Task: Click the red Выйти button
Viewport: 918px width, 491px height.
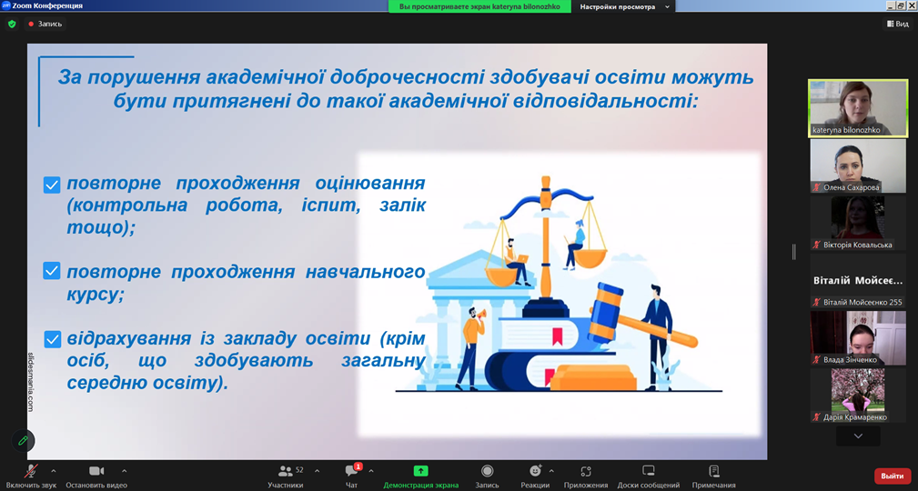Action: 893,476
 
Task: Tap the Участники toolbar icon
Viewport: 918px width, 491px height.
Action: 286,470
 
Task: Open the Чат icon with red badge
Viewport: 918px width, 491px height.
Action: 352,470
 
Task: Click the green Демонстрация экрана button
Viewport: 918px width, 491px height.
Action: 420,470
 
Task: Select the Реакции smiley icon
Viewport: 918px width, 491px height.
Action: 535,470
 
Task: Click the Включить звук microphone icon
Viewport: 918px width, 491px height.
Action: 30,470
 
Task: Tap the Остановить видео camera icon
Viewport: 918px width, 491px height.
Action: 96,470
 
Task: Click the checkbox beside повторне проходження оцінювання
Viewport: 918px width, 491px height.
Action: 52,185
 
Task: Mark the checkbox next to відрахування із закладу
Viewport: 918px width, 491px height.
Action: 52,339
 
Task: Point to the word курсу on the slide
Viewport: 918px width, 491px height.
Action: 96,294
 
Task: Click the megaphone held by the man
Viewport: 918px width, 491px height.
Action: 481,315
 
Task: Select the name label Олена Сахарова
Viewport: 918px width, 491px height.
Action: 850,187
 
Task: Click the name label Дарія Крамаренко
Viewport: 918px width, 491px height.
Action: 855,417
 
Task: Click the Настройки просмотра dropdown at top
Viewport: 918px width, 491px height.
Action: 624,6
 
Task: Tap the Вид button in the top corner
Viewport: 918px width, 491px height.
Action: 897,24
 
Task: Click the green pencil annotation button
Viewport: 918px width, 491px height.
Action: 23,441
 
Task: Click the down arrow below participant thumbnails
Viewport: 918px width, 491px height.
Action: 858,436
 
